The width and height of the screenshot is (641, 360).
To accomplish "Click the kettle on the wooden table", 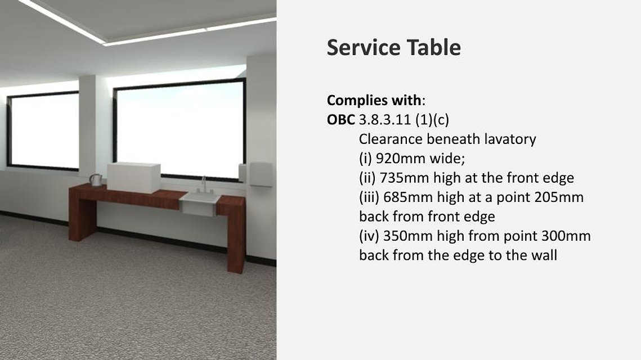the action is (96, 180).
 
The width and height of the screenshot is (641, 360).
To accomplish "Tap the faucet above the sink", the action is (204, 184).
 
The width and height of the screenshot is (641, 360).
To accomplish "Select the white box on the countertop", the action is (134, 177).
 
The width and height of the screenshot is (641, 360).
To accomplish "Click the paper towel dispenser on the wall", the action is (261, 174).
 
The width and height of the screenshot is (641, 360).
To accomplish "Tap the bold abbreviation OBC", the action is (341, 120).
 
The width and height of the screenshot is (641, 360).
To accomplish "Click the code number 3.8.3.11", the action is (385, 120).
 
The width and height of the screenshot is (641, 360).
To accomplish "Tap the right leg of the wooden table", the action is (236, 237).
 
